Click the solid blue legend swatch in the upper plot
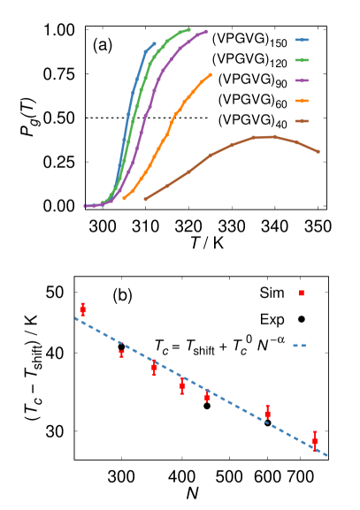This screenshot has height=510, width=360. click(x=302, y=40)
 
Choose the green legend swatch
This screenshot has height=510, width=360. click(x=302, y=60)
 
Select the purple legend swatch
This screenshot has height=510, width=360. click(x=302, y=80)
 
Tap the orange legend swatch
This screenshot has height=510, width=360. click(x=302, y=101)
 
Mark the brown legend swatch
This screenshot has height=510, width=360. click(x=302, y=121)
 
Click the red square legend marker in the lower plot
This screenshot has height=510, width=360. click(x=302, y=293)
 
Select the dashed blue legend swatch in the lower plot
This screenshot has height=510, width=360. click(x=300, y=346)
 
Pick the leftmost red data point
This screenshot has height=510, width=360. click(x=82, y=309)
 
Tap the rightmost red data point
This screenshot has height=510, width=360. click(x=315, y=440)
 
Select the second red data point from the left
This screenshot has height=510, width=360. click(x=122, y=353)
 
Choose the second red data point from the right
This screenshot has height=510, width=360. click(x=267, y=412)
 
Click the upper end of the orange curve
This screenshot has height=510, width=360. click(x=211, y=74)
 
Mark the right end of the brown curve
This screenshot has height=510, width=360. click(x=318, y=152)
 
